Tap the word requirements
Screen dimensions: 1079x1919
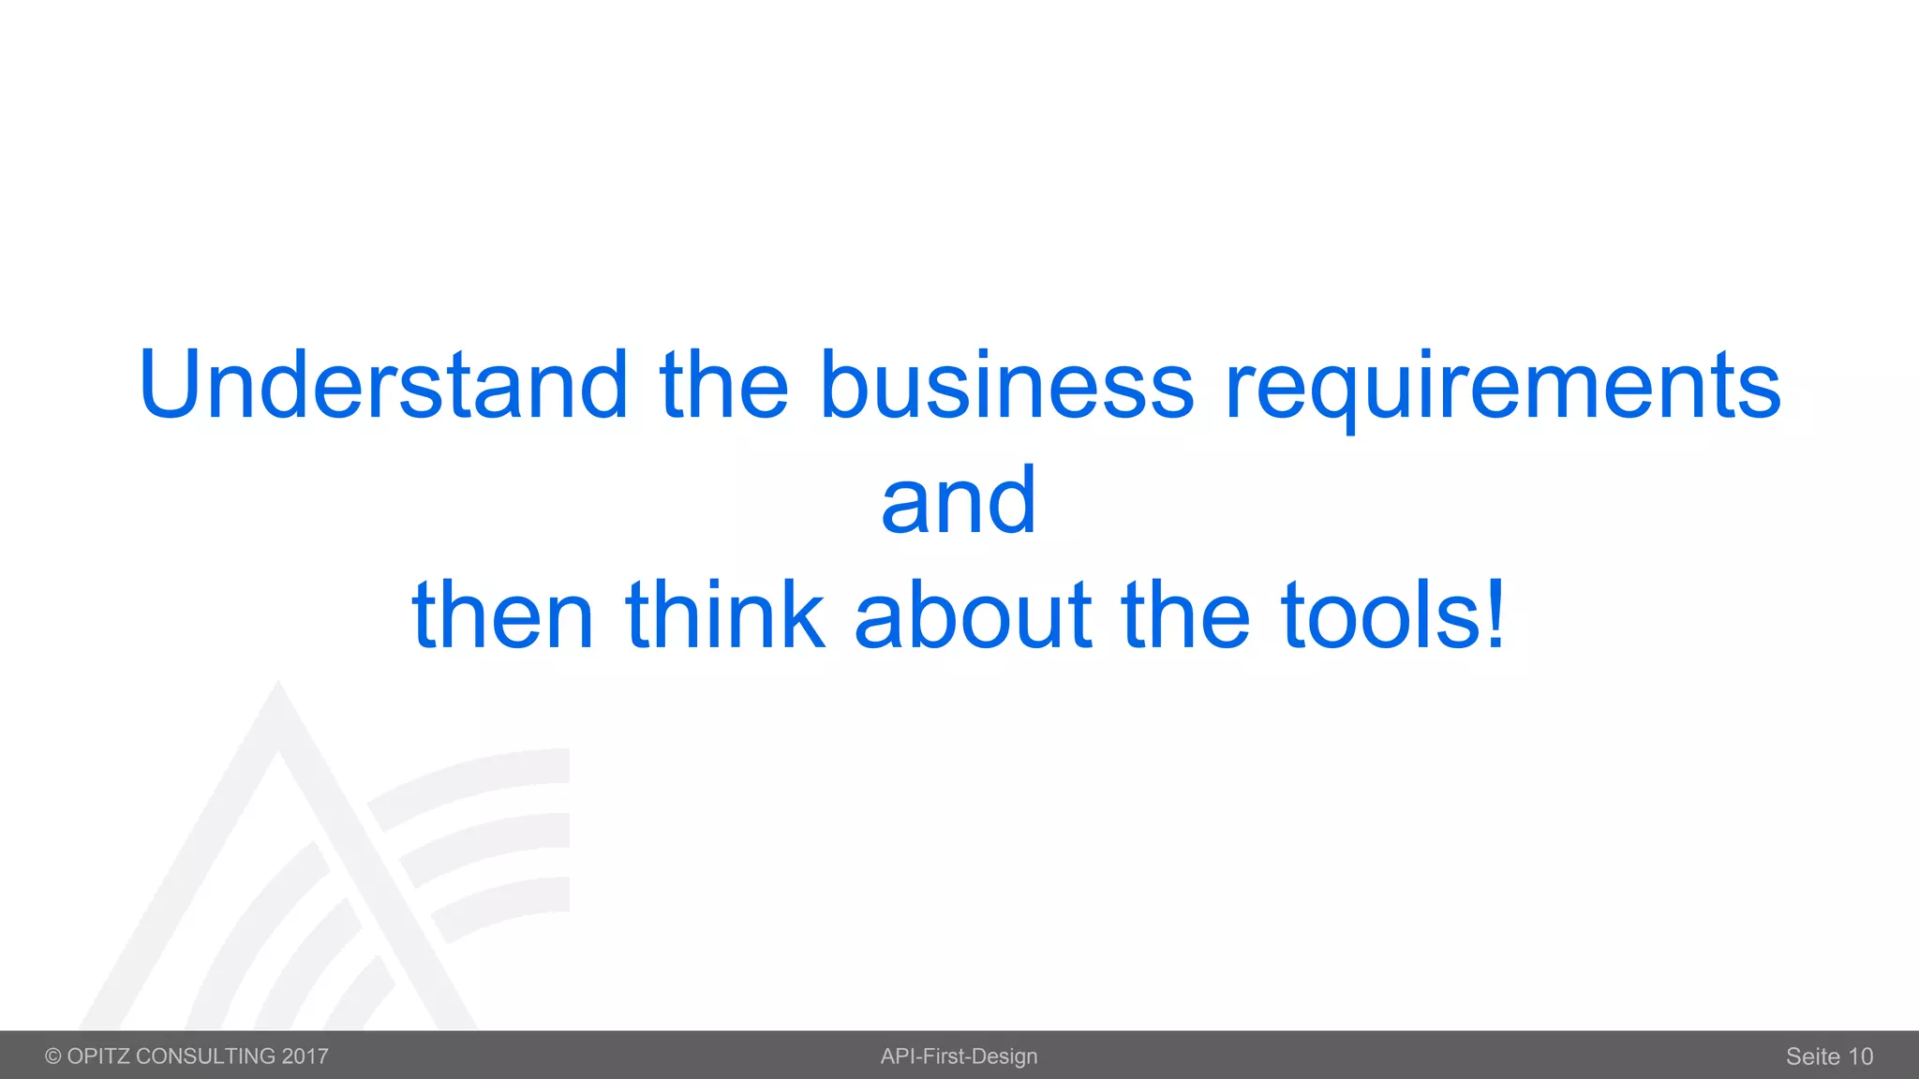pos(1503,386)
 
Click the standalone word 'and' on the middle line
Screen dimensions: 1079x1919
pos(959,501)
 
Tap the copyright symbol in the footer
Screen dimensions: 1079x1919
pos(53,1057)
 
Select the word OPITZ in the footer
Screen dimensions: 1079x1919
pos(98,1057)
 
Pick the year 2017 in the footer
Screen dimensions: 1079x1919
pos(305,1057)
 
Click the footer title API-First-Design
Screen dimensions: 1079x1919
pos(959,1057)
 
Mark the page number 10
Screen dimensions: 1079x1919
pos(1860,1057)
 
